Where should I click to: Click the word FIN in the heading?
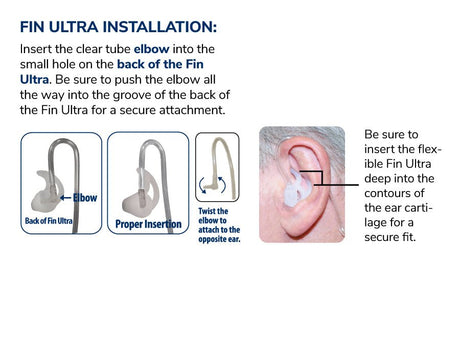(32, 27)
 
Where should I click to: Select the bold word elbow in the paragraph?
(152, 49)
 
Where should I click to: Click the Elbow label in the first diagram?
(85, 198)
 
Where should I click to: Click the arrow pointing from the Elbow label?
(66, 198)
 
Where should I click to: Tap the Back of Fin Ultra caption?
(49, 221)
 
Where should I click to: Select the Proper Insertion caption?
(148, 224)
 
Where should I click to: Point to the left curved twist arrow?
(202, 185)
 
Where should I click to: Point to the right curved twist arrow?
(222, 185)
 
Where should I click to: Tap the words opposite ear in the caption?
(219, 239)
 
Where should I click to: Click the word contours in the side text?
(394, 193)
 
